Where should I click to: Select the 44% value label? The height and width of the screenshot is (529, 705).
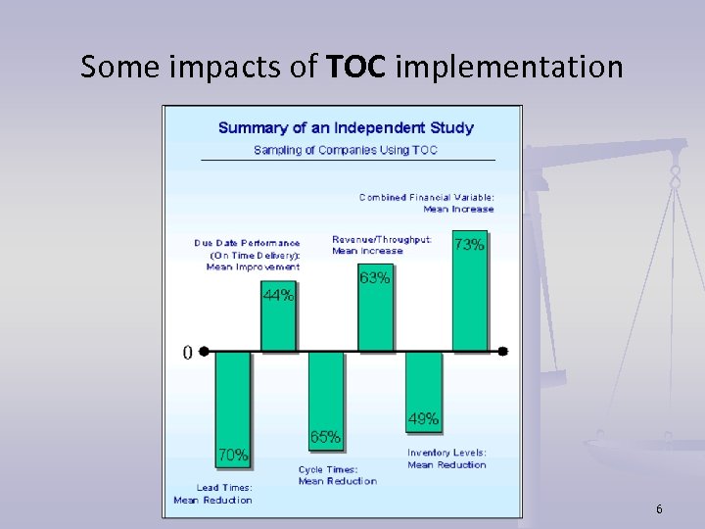tap(278, 295)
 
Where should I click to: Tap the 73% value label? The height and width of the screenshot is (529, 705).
tap(469, 245)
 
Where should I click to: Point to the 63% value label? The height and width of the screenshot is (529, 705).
tap(374, 278)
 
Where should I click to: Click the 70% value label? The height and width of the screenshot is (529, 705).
tap(232, 455)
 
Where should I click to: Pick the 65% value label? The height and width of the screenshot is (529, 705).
tap(325, 437)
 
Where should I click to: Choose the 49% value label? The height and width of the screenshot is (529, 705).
tap(423, 419)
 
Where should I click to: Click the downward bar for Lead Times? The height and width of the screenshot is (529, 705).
tap(232, 397)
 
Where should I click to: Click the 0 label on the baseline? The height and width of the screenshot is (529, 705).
tap(188, 353)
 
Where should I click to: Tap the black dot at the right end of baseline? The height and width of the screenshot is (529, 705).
tap(502, 351)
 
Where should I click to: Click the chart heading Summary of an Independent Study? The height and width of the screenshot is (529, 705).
tap(346, 127)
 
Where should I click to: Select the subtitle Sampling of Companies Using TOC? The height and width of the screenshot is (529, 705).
tap(346, 150)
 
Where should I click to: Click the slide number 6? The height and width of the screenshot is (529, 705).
tap(659, 509)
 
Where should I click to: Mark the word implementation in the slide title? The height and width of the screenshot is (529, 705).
tap(509, 67)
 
